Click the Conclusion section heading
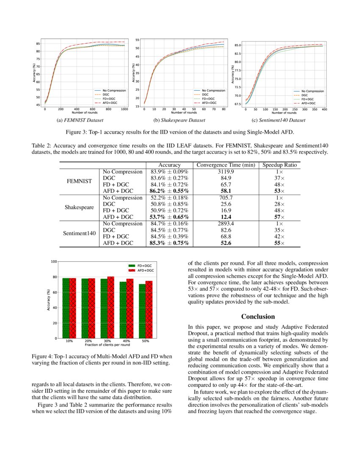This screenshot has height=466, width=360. click(x=258, y=316)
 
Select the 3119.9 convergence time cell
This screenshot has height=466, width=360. click(x=226, y=172)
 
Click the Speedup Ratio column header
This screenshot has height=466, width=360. click(x=280, y=165)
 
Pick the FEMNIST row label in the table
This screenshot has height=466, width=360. click(x=79, y=181)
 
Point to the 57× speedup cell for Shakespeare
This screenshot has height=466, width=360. click(x=280, y=217)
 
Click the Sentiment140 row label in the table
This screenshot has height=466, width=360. click(x=79, y=233)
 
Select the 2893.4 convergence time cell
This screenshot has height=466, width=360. click(x=226, y=224)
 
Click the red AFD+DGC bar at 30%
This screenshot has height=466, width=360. click(x=111, y=307)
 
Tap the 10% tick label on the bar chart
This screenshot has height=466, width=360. click(x=69, y=341)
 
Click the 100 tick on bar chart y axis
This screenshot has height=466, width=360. click(x=53, y=261)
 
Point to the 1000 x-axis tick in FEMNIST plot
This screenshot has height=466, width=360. click(x=125, y=109)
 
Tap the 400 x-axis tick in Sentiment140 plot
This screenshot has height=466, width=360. click(x=324, y=109)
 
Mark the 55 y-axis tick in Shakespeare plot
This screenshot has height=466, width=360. click(x=137, y=40)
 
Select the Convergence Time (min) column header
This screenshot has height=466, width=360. click(x=226, y=165)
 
